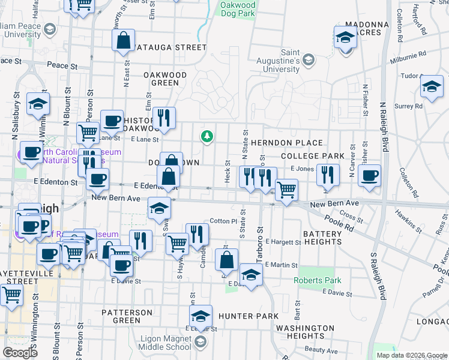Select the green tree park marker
(207, 136)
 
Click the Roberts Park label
(317, 280)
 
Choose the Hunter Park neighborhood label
(248, 316)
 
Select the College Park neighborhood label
(312, 156)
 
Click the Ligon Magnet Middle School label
(166, 343)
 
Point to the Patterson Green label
(129, 316)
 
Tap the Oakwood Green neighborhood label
(165, 79)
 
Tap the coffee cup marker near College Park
(369, 176)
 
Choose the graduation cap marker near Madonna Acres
(345, 37)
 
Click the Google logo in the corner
(20, 353)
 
